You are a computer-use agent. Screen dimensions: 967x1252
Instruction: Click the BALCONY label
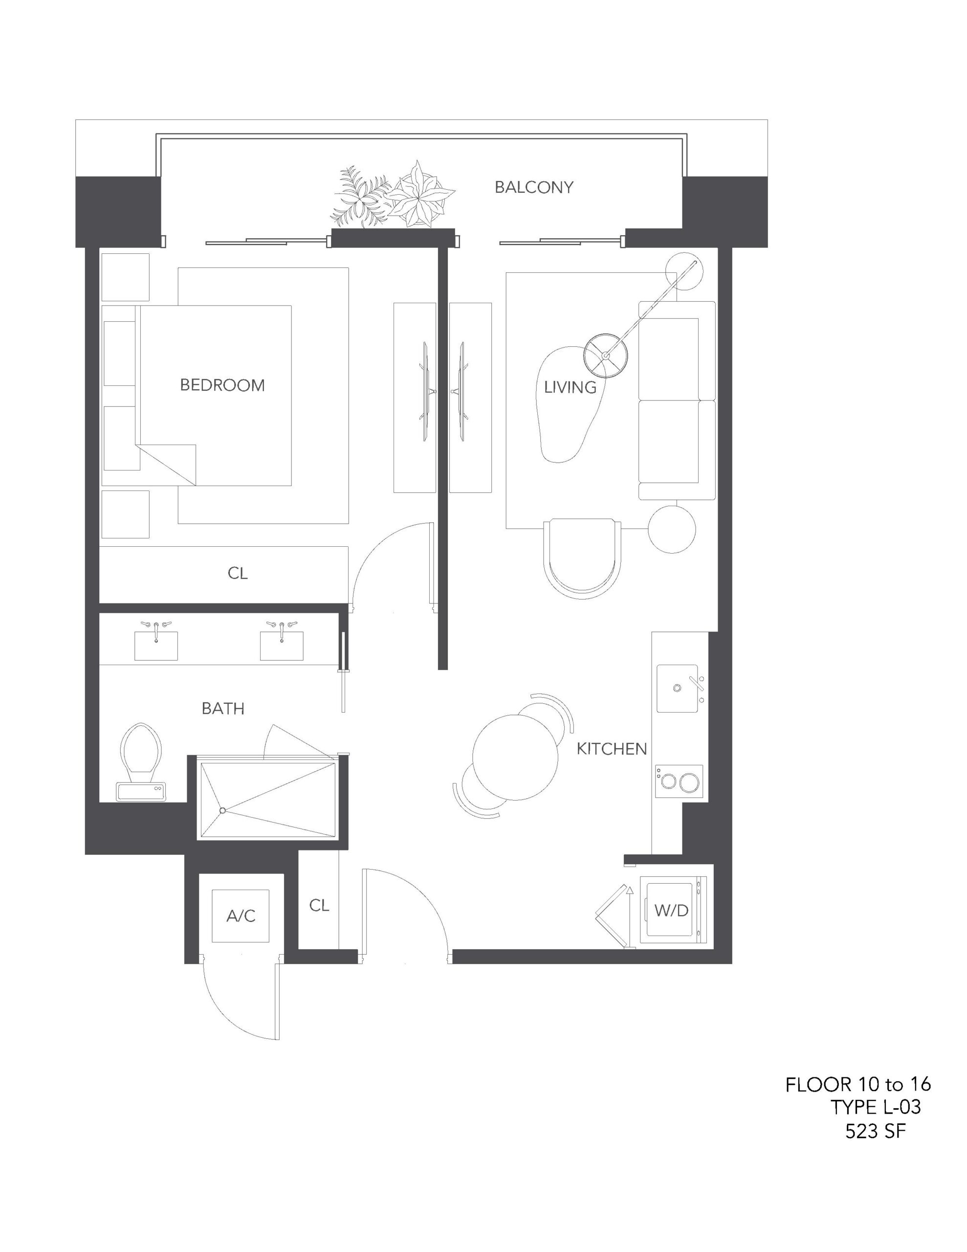(x=534, y=187)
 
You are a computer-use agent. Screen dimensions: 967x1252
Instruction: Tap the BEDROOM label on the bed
(x=222, y=385)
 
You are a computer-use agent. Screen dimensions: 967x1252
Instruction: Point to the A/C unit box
(x=241, y=916)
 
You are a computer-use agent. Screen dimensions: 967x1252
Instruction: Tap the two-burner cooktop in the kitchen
(x=679, y=780)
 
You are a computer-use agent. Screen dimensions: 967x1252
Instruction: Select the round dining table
(x=516, y=756)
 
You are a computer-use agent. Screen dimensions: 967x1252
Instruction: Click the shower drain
(x=222, y=810)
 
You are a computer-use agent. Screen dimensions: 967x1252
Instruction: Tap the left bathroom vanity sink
(x=156, y=646)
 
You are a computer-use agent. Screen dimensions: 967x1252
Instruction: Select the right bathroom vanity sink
(x=282, y=646)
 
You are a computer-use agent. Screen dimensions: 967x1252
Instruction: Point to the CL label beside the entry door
(x=319, y=905)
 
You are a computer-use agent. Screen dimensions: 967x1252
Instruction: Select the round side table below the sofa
(x=672, y=530)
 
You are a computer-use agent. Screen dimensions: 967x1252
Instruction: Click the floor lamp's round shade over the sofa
(x=605, y=355)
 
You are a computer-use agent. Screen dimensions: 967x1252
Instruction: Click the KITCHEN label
(x=612, y=749)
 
